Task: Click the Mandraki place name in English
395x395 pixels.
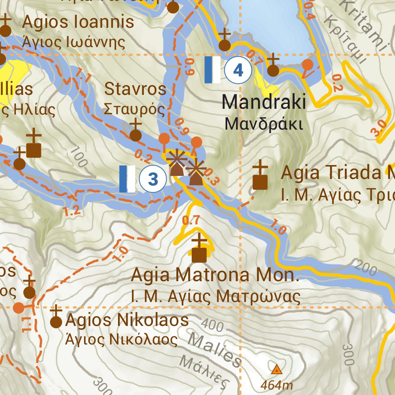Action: click(264, 102)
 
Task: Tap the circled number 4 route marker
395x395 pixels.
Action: click(238, 71)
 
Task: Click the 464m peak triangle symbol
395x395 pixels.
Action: click(276, 370)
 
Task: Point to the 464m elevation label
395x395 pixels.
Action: click(276, 385)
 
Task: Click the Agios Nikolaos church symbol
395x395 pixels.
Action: click(56, 319)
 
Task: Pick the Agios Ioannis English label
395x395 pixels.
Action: click(78, 22)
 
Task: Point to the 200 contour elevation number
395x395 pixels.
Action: click(365, 268)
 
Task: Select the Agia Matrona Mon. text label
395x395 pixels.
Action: click(215, 275)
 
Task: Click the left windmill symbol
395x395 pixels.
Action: click(177, 164)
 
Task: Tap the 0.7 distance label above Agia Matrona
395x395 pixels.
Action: click(191, 221)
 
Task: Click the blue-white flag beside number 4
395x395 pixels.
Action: click(212, 70)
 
